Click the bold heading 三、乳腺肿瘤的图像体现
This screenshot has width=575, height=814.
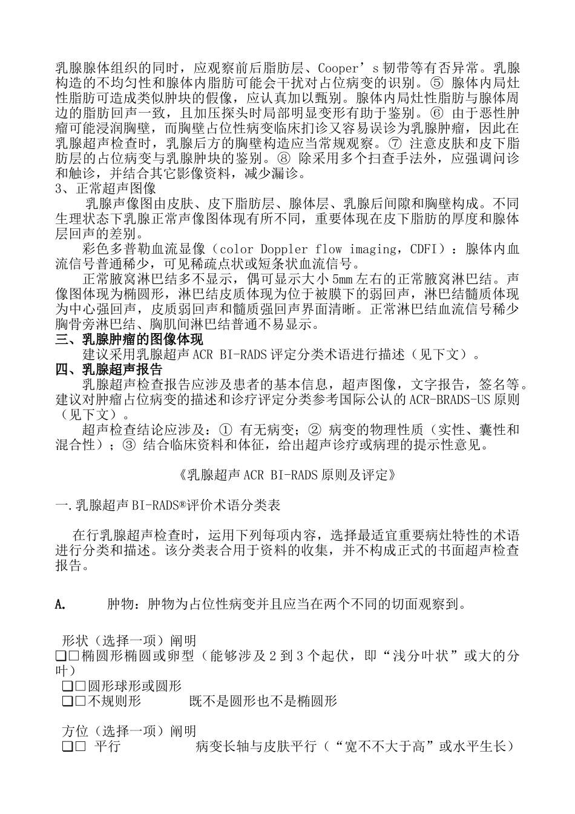point(130,340)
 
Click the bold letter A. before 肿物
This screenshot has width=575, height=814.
point(60,604)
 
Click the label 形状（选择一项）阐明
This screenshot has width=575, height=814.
point(130,641)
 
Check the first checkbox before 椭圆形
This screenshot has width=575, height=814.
point(60,657)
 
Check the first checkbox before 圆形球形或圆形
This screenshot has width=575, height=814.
point(67,686)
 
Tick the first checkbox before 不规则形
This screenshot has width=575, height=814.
point(67,701)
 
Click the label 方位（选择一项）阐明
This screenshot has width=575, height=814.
point(130,732)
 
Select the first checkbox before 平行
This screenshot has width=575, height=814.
point(67,747)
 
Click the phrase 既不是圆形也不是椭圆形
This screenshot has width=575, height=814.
point(263,701)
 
